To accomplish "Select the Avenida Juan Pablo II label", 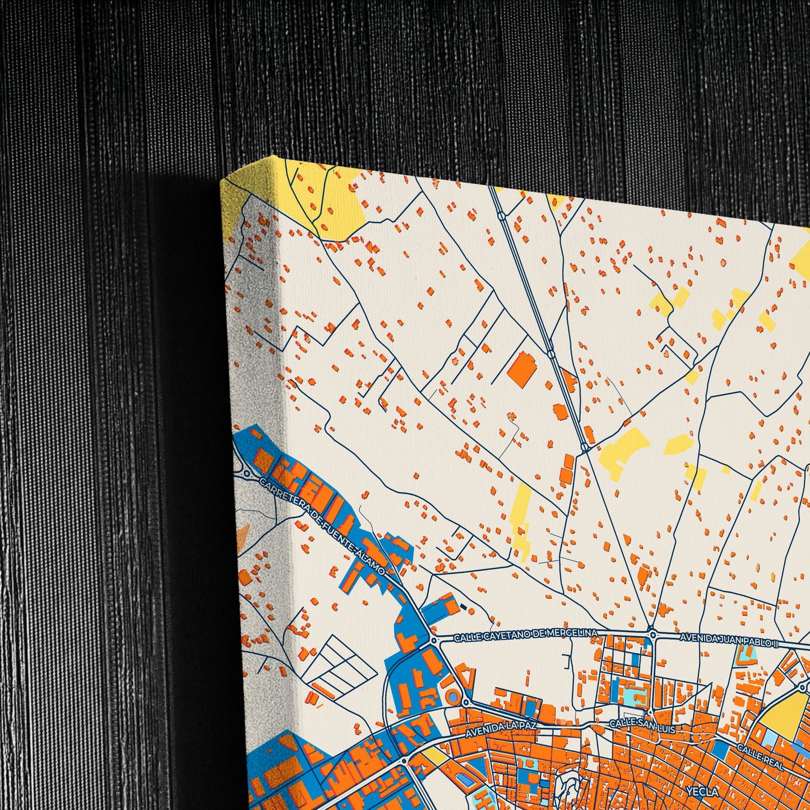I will pos(729,639).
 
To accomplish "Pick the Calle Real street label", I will pos(760,756).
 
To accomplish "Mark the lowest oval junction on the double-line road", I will pos(585,447).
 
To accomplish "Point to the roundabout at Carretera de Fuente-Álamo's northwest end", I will pos(247,474).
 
